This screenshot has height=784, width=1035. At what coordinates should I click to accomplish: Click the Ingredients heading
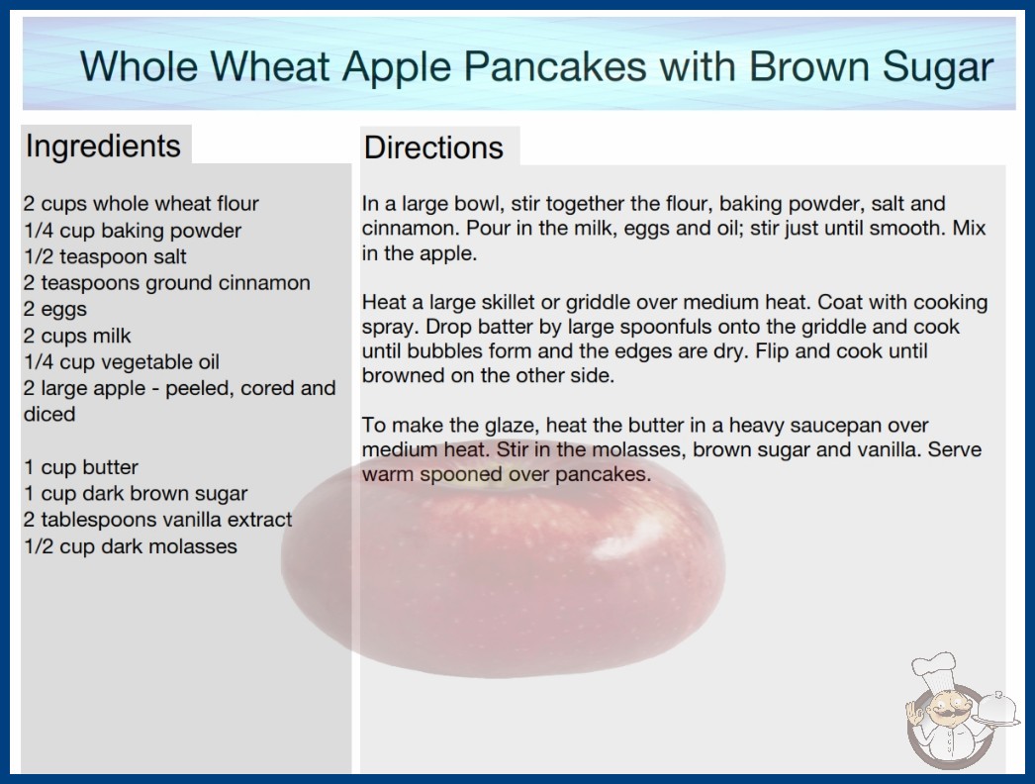103,147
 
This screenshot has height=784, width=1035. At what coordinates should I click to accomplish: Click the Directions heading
433,147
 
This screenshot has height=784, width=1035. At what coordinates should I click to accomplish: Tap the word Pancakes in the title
554,66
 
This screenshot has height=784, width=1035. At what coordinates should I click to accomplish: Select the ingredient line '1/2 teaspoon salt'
106,256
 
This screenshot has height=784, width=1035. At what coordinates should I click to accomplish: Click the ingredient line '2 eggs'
55,309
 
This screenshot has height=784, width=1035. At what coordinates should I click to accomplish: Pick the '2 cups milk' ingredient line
77,336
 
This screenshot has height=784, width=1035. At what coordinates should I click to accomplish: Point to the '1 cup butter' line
81,467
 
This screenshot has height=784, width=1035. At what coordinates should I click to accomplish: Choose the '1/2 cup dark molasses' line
131,546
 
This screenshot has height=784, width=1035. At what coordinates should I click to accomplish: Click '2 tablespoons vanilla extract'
157,520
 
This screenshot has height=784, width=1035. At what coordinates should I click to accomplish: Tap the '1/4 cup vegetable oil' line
122,362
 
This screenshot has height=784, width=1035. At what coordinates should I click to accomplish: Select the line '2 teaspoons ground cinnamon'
167,283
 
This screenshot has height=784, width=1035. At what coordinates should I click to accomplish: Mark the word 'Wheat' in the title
270,66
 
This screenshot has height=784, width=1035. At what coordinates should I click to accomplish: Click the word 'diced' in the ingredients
49,414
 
